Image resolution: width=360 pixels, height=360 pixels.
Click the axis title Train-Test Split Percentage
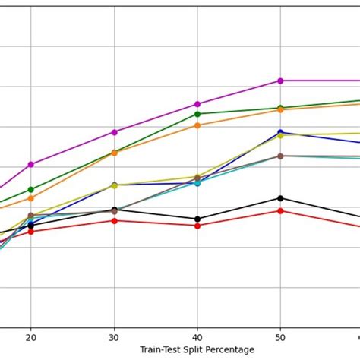pos(197,350)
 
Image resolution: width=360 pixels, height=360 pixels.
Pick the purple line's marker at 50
pos(280,81)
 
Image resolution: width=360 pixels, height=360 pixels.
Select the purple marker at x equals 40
pos(197,104)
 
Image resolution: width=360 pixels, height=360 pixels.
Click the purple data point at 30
pos(115,132)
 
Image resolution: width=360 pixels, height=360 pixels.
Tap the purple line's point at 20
pos(31,164)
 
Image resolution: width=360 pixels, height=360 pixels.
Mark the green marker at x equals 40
pos(197,114)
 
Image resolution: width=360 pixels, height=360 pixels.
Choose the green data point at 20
pos(31,189)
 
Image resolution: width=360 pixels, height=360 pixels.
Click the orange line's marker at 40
pos(197,125)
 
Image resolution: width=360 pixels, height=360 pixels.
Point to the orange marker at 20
pos(31,197)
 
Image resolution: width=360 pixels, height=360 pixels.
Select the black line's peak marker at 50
pos(280,198)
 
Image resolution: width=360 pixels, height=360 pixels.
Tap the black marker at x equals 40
pos(197,219)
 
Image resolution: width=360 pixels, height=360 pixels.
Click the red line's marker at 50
pos(280,210)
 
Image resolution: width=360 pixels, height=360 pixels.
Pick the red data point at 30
pos(115,220)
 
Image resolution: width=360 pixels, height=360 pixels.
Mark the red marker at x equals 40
pos(197,226)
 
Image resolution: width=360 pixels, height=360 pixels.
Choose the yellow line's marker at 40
pos(197,177)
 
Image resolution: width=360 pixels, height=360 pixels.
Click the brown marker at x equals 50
pos(280,156)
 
